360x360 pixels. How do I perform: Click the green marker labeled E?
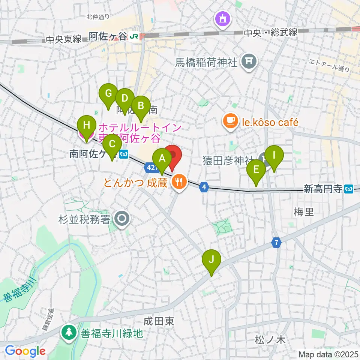(x=256, y=170)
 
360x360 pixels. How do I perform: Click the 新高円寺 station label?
(x=323, y=189)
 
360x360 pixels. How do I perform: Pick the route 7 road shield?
(x=276, y=243)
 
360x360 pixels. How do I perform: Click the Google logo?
(x=25, y=351)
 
